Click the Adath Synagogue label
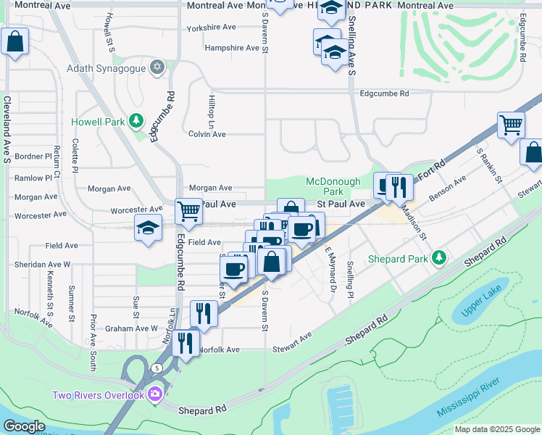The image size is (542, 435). tap(106, 69)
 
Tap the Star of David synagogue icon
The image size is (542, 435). tap(157, 69)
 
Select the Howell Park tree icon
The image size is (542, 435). tap(135, 121)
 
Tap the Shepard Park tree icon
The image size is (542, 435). tap(438, 258)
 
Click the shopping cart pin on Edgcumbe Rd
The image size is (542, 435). tap(188, 212)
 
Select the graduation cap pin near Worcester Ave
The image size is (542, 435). tap(148, 228)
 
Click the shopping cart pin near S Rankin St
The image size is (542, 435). tap(511, 125)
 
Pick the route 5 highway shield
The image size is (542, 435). tap(157, 368)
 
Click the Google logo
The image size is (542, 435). tap(25, 426)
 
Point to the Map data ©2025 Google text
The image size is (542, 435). tap(496, 429)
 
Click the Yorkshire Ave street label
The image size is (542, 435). tap(212, 28)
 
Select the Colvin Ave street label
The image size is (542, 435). tap(207, 134)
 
